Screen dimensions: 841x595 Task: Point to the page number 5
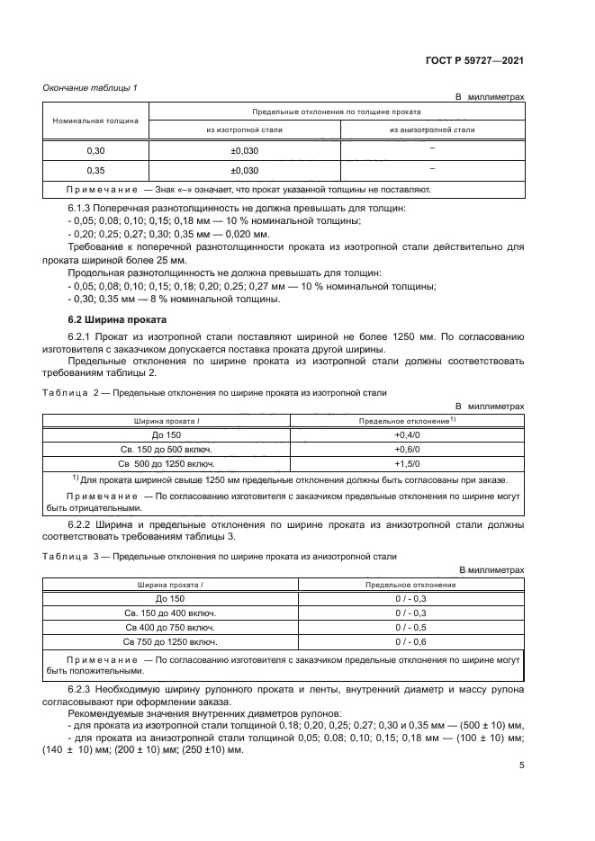[521, 765]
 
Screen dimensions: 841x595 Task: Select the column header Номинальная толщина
[95, 120]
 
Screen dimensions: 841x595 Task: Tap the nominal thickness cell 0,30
[95, 150]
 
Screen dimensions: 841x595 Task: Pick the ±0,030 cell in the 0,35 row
[245, 170]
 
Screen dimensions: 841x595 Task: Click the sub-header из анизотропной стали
[432, 130]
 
